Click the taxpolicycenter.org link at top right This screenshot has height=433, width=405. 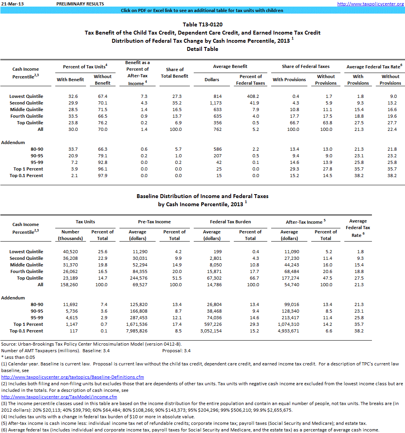370,3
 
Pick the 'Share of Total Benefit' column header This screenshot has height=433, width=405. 174,73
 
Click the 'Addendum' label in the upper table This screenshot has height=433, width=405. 13,143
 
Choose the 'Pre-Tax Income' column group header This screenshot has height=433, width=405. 154,222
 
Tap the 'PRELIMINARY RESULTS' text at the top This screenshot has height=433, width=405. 80,3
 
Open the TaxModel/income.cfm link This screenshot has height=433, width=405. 59,397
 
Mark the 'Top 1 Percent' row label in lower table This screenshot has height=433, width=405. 28,324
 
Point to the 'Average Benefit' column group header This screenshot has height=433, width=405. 231,66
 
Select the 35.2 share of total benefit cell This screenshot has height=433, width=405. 174,103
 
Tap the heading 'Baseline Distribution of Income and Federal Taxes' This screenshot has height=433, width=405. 202,196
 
